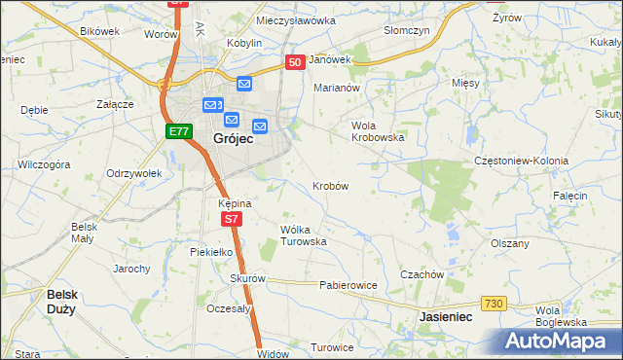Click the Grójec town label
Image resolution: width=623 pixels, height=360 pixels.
click(x=233, y=139)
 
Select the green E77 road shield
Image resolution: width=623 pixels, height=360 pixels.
click(x=177, y=131)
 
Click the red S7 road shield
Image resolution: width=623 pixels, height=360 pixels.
click(x=230, y=220)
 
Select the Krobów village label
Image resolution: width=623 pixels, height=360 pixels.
click(x=331, y=185)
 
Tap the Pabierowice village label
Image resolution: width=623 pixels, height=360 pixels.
click(x=348, y=286)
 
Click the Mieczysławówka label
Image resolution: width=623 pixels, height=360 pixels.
click(x=295, y=19)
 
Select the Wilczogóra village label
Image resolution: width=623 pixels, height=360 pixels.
click(x=44, y=164)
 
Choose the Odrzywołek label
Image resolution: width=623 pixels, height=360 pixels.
click(x=132, y=173)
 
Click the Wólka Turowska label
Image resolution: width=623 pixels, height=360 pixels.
click(x=303, y=235)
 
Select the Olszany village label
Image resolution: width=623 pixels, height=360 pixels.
click(x=509, y=243)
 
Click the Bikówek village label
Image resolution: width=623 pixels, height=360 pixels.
click(x=99, y=30)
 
